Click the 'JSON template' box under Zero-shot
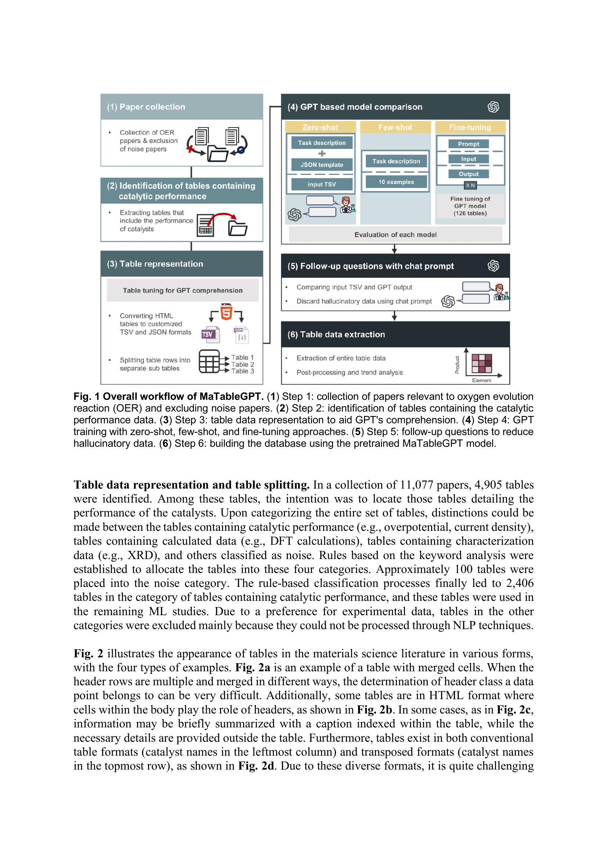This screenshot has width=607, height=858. pyautogui.click(x=321, y=164)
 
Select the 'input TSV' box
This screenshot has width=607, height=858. pyautogui.click(x=321, y=184)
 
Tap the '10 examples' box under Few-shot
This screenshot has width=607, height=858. pyautogui.click(x=396, y=182)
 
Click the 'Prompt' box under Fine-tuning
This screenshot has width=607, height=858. pyautogui.click(x=468, y=144)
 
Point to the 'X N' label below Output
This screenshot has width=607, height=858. pyautogui.click(x=470, y=185)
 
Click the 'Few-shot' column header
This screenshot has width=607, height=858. pyautogui.click(x=395, y=127)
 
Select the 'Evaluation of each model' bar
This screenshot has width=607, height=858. pyautogui.click(x=395, y=235)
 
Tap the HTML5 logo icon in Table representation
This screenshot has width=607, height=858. pyautogui.click(x=226, y=312)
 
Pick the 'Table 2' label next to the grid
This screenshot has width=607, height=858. pyautogui.click(x=242, y=364)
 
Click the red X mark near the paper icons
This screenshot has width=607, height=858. pyautogui.click(x=191, y=149)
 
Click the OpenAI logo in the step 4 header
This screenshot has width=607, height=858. pyautogui.click(x=493, y=107)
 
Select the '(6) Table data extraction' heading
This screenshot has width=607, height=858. pyautogui.click(x=336, y=335)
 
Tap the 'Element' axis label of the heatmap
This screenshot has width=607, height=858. pyautogui.click(x=481, y=380)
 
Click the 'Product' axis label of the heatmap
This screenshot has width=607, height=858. pyautogui.click(x=457, y=365)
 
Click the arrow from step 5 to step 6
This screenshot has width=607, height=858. pyautogui.click(x=394, y=316)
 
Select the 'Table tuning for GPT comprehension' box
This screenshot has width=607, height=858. pyautogui.click(x=183, y=291)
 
